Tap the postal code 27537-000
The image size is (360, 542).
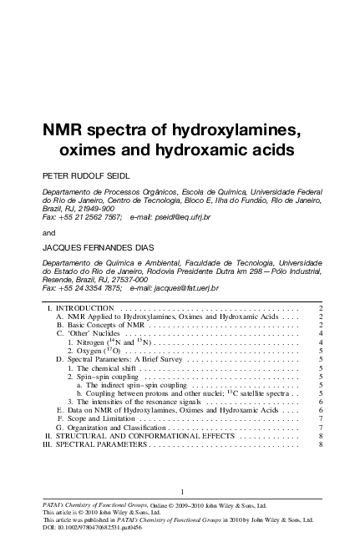(x=136, y=279)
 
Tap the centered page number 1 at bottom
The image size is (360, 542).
(x=180, y=491)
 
